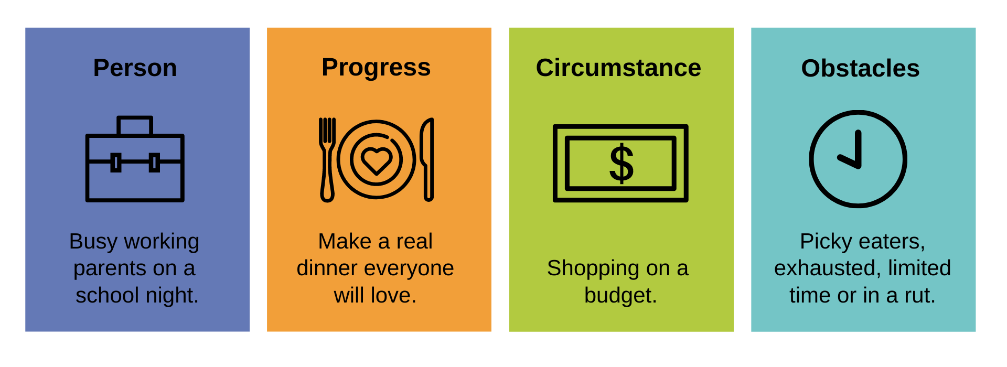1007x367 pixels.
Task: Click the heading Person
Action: pos(135,68)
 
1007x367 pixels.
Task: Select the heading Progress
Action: pos(376,68)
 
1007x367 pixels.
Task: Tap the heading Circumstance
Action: pos(618,68)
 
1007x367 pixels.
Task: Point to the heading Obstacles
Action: pos(860,69)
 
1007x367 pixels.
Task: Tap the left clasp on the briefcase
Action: pos(116,163)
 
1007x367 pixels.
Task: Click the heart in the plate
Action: pos(376,160)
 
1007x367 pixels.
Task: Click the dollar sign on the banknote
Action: pos(621,164)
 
